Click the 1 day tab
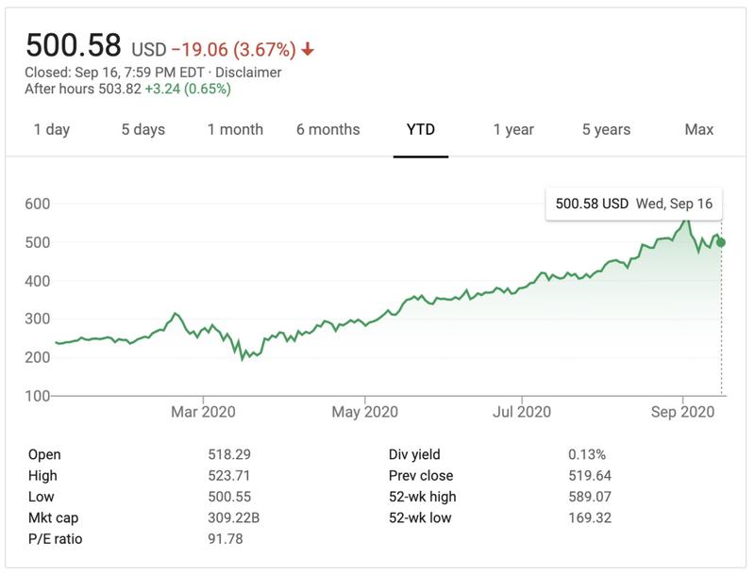tap(52, 130)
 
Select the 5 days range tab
tap(143, 130)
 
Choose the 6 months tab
tap(327, 130)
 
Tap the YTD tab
tap(421, 130)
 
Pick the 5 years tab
tap(606, 130)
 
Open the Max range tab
tap(699, 130)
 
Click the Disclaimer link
tap(249, 73)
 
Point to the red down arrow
tap(309, 49)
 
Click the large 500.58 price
tap(74, 45)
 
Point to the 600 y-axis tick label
tap(38, 204)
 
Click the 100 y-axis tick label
tap(38, 396)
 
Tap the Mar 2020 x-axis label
tap(204, 412)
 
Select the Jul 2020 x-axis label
tap(521, 412)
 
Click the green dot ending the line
tap(721, 242)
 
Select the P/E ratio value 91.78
tap(226, 539)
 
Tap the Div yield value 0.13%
tap(587, 454)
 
